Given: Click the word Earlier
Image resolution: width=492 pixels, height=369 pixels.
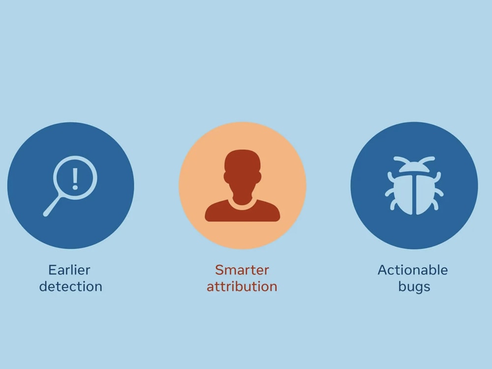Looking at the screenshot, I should pos(69,270).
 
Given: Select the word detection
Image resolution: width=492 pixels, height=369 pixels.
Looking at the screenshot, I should pos(71,286).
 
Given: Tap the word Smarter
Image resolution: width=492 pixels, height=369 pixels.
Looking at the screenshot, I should pos(242,270).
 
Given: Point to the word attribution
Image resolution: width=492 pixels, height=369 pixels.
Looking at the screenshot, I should pos(242,286).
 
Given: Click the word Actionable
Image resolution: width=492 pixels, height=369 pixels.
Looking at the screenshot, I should pos(413,270).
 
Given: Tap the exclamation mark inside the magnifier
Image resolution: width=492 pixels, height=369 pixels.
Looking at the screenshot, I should pos(75,178).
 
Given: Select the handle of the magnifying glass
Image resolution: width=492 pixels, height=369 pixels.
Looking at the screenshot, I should pos(53,206).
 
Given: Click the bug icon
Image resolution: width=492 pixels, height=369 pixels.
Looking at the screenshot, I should pos(414,186).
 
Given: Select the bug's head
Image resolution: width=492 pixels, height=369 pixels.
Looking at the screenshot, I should pos(414,167).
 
